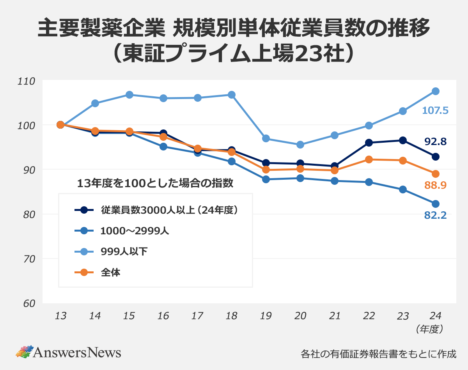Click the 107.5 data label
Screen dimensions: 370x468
(435, 111)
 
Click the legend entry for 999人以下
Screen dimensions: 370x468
(124, 252)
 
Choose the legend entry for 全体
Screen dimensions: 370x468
(110, 273)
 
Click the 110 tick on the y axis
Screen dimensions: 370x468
(27, 81)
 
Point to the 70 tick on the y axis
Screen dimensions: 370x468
(28, 259)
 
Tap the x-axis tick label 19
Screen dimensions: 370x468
(266, 316)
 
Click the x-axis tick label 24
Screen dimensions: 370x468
(436, 316)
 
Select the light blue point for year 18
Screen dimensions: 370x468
(231, 95)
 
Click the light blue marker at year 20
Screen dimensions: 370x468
(300, 145)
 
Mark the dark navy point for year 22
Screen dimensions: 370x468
(369, 143)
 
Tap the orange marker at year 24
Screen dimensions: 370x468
(436, 174)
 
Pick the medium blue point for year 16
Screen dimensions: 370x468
(163, 147)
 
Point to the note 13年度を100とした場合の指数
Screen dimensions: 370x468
(155, 183)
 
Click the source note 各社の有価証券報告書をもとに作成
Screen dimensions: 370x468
(378, 354)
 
